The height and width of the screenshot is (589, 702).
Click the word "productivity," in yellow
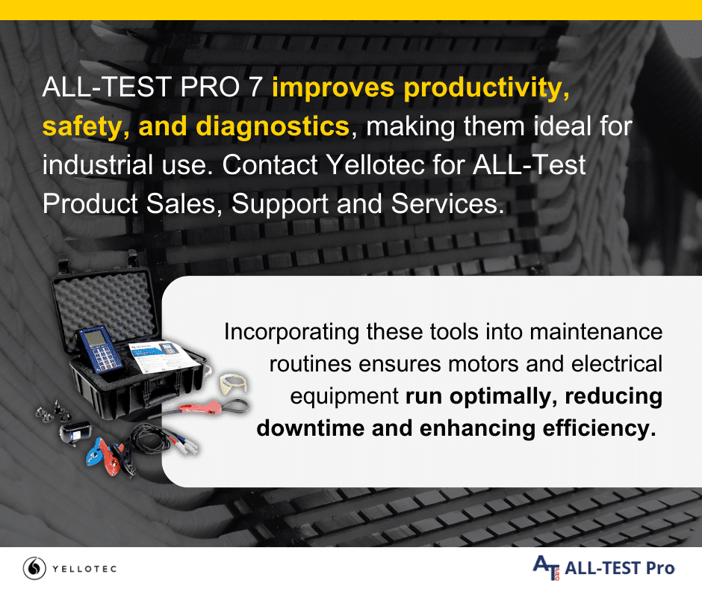[x=486, y=88]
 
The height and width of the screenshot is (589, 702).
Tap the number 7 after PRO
[x=255, y=87]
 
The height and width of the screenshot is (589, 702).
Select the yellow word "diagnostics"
[x=273, y=127]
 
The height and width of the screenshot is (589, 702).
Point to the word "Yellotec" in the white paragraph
[x=375, y=165]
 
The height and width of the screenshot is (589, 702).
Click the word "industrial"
[x=98, y=165]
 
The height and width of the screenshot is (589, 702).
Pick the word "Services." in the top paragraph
[x=447, y=204]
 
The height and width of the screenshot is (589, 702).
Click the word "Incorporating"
[x=291, y=333]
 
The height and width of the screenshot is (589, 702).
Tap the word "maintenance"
[x=596, y=332]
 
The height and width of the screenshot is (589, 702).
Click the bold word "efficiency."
[x=599, y=429]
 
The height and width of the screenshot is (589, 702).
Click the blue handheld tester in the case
[x=99, y=350]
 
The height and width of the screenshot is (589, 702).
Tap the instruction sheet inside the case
[x=161, y=356]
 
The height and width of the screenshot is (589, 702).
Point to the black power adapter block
[x=74, y=433]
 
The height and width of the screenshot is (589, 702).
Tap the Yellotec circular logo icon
[x=34, y=568]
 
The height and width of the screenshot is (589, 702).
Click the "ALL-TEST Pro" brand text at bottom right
[x=620, y=568]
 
